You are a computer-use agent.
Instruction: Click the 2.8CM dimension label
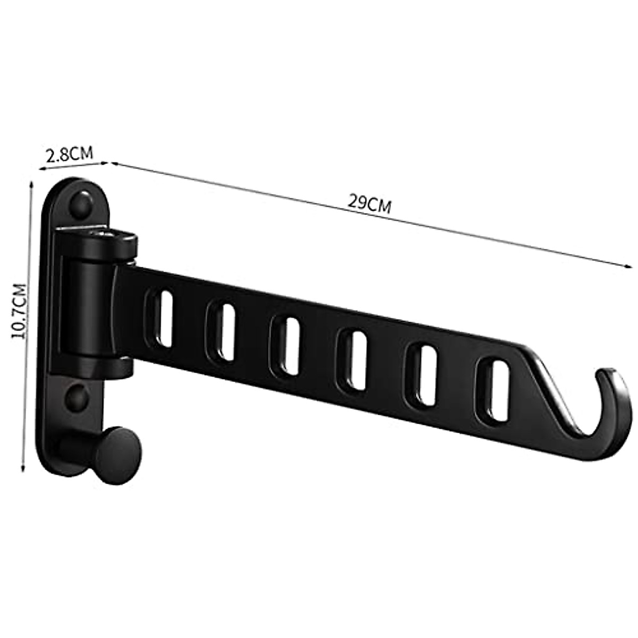[x=69, y=154]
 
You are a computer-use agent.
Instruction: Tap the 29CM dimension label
[x=369, y=204]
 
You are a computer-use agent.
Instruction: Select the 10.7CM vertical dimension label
[x=19, y=311]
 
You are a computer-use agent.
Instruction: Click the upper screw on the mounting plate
[x=82, y=204]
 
